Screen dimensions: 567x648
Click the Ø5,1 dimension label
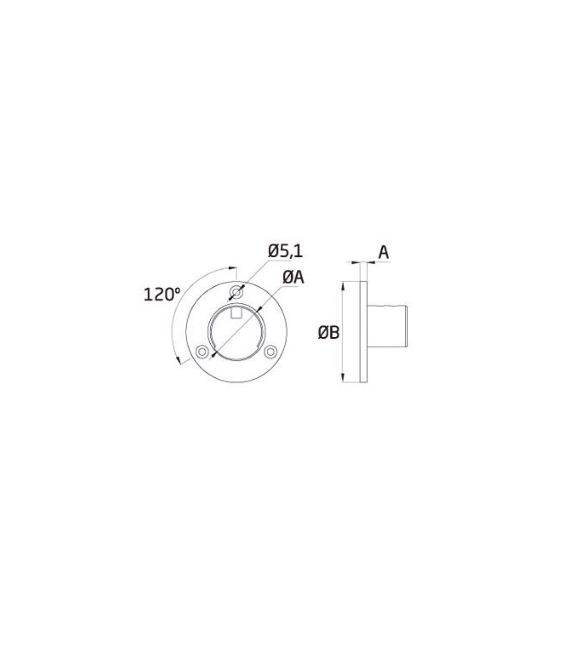tap(285, 251)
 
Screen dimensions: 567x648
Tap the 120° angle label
tap(162, 295)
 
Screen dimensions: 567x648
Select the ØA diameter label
tap(293, 278)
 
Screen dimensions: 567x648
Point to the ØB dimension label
tap(329, 333)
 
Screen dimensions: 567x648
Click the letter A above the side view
tap(384, 252)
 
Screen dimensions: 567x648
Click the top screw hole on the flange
tap(236, 292)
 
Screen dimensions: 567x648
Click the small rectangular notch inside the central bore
tap(236, 314)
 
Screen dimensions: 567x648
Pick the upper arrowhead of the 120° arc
tap(233, 268)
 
